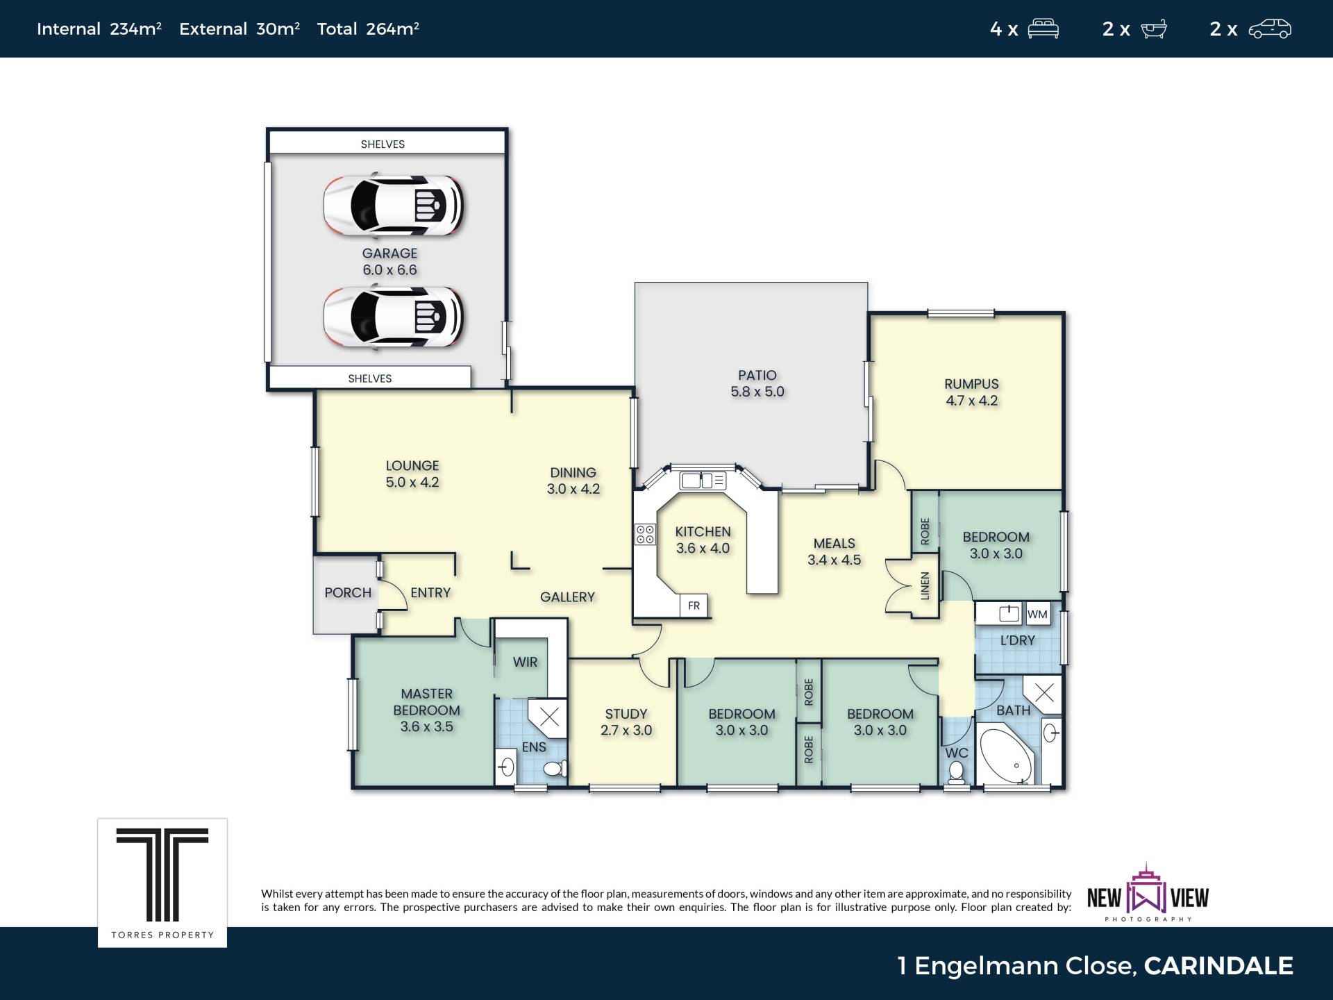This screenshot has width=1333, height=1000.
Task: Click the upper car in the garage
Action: (393, 205)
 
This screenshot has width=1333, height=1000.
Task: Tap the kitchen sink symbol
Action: (703, 480)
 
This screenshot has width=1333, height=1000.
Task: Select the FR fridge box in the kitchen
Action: (694, 606)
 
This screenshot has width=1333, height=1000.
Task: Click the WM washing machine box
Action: (1037, 614)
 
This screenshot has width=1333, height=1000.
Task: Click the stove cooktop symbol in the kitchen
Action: (645, 534)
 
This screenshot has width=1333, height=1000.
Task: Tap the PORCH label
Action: (348, 592)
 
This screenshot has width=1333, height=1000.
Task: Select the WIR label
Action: (525, 662)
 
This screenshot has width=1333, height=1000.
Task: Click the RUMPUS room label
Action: (971, 384)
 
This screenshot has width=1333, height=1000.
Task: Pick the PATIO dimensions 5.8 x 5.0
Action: (757, 392)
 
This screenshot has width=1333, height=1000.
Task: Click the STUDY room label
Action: (626, 714)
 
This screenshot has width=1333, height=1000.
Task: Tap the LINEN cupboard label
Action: (924, 585)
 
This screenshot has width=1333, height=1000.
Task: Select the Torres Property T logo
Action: (162, 874)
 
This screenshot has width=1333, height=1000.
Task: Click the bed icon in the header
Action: (1043, 28)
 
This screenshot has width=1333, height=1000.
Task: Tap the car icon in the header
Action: (1270, 29)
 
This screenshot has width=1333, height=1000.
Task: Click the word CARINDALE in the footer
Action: (1218, 965)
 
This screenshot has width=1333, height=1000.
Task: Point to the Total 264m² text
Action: (368, 28)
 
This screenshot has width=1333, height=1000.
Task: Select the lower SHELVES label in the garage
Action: (370, 378)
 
